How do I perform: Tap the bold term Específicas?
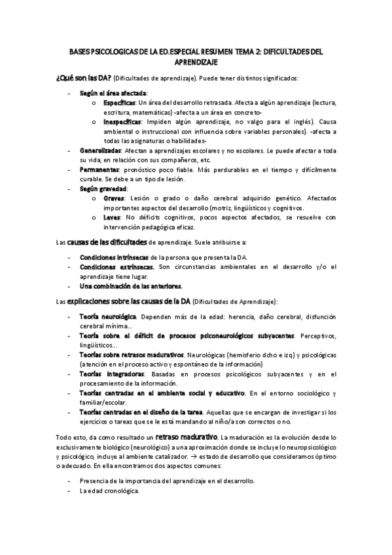point(119,103)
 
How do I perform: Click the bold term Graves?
point(114,196)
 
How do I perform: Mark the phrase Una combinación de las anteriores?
point(131,286)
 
